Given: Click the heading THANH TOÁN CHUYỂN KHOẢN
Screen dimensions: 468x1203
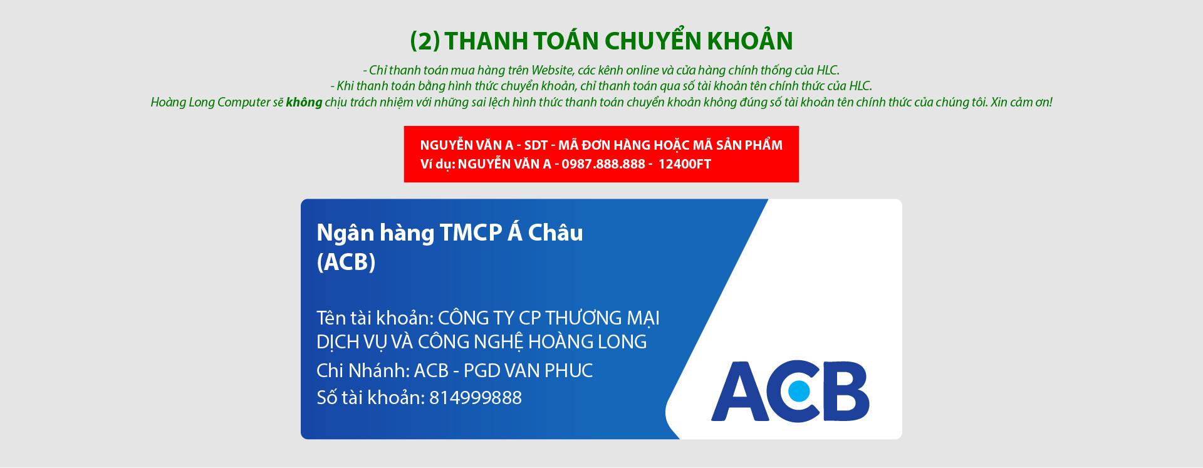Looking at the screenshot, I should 618,41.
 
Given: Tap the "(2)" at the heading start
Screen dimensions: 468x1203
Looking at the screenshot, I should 425,41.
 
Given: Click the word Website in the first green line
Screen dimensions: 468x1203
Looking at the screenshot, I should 552,70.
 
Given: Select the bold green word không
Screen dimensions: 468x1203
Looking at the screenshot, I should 304,102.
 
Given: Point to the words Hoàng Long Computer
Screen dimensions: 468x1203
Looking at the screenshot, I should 211,102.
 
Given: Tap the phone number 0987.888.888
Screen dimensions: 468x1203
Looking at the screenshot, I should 603,164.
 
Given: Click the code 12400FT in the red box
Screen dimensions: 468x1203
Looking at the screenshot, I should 684,164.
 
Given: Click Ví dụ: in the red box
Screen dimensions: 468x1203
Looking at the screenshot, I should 437,164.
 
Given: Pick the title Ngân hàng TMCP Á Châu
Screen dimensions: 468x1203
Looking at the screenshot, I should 449,232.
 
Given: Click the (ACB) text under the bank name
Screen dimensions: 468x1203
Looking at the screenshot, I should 346,262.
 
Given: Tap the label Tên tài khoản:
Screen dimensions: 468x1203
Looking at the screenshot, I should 375,318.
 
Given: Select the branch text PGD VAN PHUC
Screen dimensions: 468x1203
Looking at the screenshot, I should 528,371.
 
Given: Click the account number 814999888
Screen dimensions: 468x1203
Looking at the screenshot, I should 476,398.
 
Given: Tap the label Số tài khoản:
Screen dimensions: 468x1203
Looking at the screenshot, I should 370,398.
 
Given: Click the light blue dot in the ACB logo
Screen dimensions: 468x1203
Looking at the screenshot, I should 799,392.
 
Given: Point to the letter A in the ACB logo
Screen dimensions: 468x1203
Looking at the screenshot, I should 740,392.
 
